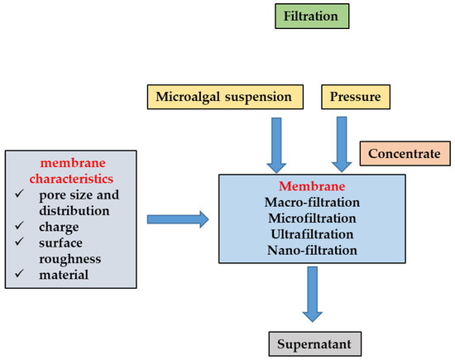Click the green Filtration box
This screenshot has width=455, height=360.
[316, 17]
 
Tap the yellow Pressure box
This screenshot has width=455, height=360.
[344, 97]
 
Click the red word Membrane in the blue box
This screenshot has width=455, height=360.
[311, 186]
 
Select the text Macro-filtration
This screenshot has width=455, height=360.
[311, 203]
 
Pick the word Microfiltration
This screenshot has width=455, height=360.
[311, 218]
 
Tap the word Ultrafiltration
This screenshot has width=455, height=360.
[311, 234]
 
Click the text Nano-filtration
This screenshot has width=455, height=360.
[311, 250]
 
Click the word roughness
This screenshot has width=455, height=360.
[74, 259]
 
